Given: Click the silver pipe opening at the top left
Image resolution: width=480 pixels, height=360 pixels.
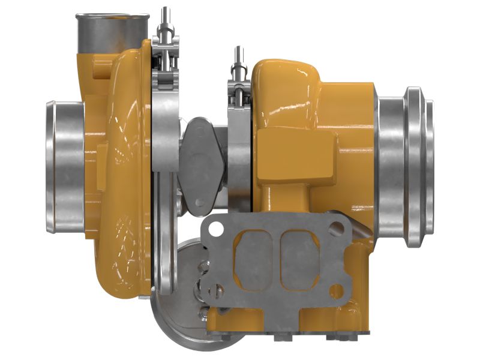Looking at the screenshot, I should pyautogui.click(x=112, y=28).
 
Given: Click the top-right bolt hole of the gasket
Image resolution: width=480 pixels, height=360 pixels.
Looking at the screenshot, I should pyautogui.click(x=341, y=227).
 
